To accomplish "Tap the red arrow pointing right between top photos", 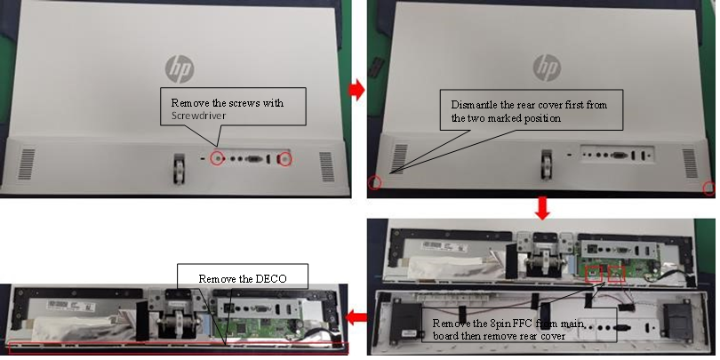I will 357,91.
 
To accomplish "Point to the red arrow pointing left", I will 357,316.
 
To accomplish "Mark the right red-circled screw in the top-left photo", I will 284,159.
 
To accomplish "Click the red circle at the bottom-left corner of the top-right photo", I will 375,183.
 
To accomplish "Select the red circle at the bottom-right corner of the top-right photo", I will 708,188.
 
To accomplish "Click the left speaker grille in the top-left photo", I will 28,162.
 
